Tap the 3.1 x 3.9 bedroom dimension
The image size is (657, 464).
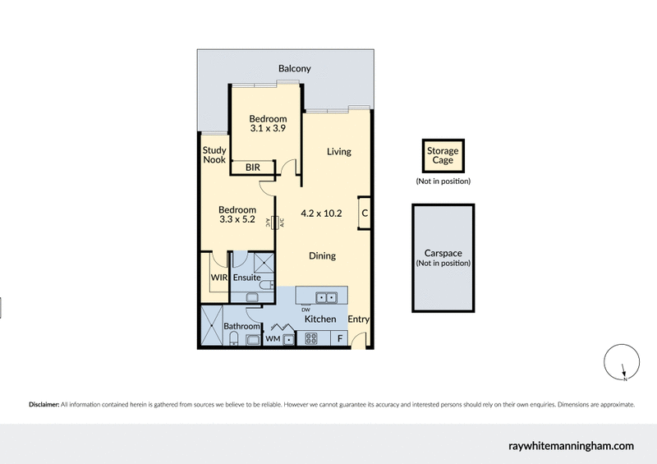(269, 129)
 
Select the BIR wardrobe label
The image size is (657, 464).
(253, 168)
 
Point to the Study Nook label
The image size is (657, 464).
(214, 155)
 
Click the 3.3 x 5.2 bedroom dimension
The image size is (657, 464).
(237, 220)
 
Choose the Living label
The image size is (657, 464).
(338, 152)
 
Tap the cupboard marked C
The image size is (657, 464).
(364, 214)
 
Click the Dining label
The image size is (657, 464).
(322, 255)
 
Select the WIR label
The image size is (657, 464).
(218, 278)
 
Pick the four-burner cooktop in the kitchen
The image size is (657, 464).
(312, 338)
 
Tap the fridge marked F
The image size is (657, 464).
(339, 338)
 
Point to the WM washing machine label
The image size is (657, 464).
(272, 338)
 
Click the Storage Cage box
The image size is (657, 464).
(443, 156)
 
